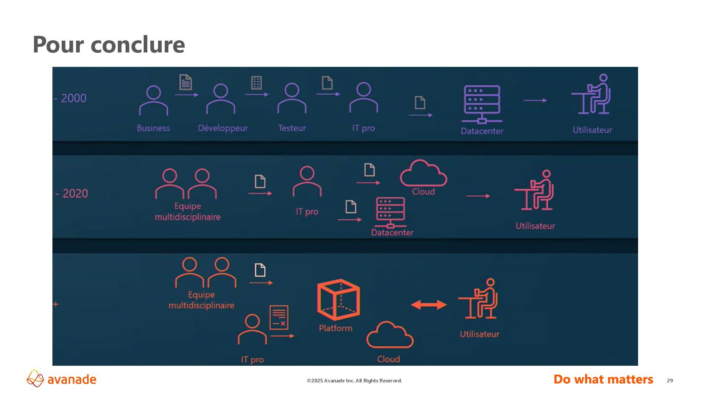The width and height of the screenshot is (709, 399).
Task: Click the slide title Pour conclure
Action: (109, 45)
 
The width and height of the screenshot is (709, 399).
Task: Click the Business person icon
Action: (154, 100)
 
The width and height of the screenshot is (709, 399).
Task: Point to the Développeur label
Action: (223, 128)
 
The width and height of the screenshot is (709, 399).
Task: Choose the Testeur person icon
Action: (292, 98)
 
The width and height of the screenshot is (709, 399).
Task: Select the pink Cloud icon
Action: (423, 173)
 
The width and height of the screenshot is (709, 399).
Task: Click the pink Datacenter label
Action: (392, 233)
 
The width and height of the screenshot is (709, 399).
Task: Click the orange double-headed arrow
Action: (429, 305)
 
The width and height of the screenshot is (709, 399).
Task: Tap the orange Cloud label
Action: (388, 359)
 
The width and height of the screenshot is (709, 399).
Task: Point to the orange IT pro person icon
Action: (252, 329)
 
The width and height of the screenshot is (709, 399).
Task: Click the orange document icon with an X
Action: (279, 317)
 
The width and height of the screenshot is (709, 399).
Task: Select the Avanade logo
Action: (61, 379)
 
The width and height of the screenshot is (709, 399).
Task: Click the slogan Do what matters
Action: (603, 379)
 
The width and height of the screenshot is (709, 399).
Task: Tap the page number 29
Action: (670, 381)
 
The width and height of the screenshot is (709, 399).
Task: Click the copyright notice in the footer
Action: (354, 381)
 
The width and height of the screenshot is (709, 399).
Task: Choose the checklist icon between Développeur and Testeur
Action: (256, 83)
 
